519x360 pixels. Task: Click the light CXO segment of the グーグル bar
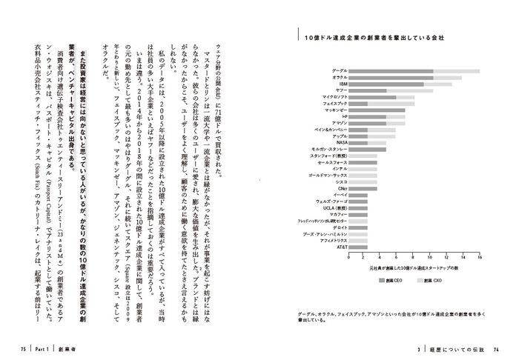456,71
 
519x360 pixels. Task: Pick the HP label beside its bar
343,117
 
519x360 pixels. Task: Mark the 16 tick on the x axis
480,258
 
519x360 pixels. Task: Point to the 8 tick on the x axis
414,258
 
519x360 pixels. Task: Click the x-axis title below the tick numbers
414,268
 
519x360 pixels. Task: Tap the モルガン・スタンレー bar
367,149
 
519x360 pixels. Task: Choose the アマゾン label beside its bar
340,123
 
